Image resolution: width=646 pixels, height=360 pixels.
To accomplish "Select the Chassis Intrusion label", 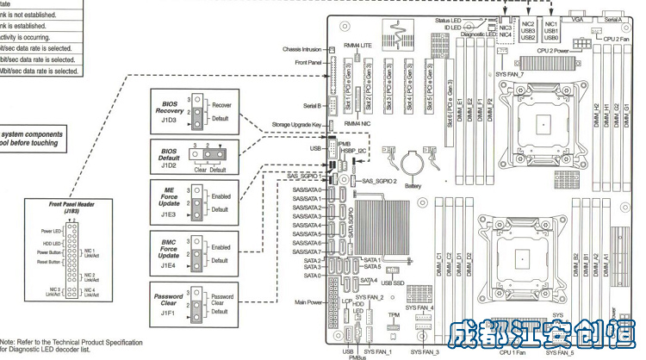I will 302,49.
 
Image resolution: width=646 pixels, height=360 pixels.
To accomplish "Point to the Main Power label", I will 308,302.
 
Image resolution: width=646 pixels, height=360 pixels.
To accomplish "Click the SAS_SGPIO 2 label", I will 379,182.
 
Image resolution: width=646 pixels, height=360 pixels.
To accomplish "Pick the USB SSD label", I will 393,283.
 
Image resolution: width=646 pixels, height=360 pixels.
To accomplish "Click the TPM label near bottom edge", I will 394,315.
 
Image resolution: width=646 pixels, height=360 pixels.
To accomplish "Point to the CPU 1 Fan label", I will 513,351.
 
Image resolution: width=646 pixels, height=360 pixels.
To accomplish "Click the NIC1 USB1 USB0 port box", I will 552,32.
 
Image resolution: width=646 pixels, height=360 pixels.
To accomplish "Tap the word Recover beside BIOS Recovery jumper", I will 223,103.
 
